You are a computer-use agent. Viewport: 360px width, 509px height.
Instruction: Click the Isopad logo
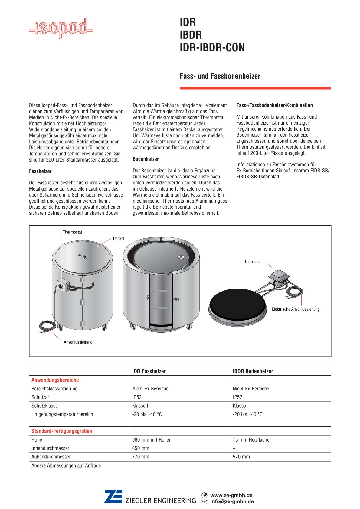tap(61, 28)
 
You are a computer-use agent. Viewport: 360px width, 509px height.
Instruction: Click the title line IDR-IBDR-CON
tap(212, 48)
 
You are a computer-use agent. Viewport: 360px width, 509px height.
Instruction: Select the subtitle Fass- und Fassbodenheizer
tap(220, 76)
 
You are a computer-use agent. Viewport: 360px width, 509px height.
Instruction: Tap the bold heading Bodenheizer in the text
tap(146, 159)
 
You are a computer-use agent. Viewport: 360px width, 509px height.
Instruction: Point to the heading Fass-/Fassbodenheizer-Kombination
tap(274, 105)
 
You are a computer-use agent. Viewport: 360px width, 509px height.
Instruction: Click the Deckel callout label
tap(119, 239)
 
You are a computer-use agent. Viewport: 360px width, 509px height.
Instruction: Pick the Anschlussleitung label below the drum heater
tap(78, 342)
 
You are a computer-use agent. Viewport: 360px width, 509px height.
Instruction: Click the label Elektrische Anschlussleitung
tap(296, 309)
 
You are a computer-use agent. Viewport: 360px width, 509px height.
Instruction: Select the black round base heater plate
tap(237, 303)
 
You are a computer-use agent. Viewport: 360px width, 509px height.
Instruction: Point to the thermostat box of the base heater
tap(279, 276)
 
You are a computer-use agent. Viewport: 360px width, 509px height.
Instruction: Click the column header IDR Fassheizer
tap(149, 371)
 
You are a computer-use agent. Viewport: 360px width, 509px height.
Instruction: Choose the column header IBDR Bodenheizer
tap(253, 371)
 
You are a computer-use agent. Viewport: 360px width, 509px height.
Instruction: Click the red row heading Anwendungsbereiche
tap(55, 380)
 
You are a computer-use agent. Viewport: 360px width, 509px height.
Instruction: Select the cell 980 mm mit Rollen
tap(152, 440)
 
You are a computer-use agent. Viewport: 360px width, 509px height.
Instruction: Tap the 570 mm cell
tap(241, 457)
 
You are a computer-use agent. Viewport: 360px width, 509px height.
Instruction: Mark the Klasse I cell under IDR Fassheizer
tap(140, 406)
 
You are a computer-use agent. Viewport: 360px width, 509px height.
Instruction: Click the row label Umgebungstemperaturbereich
tap(62, 414)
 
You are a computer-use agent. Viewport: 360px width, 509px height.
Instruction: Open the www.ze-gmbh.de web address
tap(231, 495)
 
